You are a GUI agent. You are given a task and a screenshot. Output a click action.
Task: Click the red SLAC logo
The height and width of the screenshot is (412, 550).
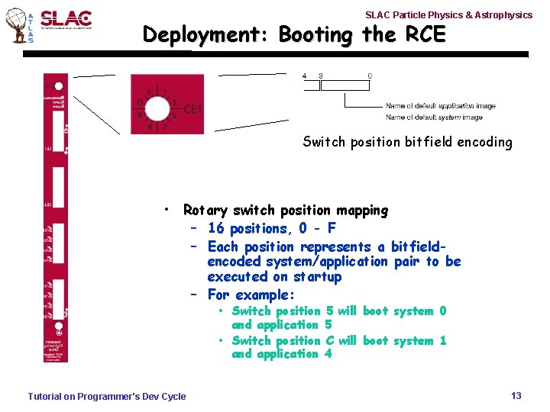tap(66, 18)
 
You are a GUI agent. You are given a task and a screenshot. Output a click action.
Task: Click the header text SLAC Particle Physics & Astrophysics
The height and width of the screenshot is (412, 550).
tap(448, 14)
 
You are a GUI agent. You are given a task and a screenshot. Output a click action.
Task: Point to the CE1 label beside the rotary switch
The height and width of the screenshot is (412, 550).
tap(192, 110)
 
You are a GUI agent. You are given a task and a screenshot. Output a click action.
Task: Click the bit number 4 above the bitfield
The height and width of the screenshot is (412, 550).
tap(304, 76)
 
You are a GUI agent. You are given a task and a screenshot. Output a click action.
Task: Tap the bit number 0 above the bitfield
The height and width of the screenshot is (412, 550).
tap(370, 76)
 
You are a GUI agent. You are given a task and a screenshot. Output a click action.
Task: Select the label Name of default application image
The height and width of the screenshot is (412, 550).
tap(440, 106)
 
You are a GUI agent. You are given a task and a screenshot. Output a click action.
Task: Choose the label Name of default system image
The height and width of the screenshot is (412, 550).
tap(433, 117)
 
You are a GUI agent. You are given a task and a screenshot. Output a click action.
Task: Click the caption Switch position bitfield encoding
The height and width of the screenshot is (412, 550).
tap(407, 142)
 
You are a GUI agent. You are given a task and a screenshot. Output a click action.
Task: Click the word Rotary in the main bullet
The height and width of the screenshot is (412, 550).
tap(205, 211)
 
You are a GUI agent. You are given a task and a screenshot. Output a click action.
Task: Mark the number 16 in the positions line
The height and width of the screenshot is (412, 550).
tap(215, 229)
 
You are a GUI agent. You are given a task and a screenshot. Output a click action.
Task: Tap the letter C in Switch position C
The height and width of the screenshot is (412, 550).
tap(330, 341)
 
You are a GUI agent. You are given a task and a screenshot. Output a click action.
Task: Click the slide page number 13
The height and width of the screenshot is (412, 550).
tap(516, 395)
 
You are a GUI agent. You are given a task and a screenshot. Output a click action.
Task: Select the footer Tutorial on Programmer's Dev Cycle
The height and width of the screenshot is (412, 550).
tap(106, 396)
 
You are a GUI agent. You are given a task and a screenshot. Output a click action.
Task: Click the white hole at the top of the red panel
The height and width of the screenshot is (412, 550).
tap(58, 85)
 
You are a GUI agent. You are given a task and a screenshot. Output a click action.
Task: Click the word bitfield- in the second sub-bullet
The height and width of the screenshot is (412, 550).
tap(419, 247)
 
